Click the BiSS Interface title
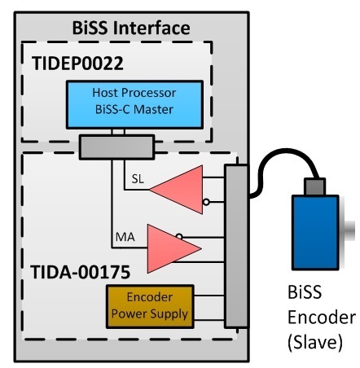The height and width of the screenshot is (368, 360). click(131, 28)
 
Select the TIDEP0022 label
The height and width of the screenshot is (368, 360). click(77, 64)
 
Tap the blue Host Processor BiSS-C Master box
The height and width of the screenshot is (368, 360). click(134, 104)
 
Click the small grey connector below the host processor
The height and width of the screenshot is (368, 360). click(116, 147)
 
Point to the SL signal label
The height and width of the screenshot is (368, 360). click(138, 179)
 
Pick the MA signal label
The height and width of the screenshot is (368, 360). click(125, 237)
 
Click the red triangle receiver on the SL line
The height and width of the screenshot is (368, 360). click(176, 190)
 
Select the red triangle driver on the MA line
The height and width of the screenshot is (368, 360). click(174, 248)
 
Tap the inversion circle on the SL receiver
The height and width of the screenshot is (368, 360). click(206, 202)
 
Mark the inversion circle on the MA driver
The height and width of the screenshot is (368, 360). click(179, 236)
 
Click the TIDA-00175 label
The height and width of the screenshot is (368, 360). click(81, 272)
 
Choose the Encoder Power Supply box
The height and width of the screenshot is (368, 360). click(150, 306)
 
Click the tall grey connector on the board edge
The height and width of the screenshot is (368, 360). click(236, 246)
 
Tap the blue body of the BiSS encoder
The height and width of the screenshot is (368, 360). click(315, 232)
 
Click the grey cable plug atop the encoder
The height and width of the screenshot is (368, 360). click(314, 186)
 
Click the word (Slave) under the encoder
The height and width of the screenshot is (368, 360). click(315, 342)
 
